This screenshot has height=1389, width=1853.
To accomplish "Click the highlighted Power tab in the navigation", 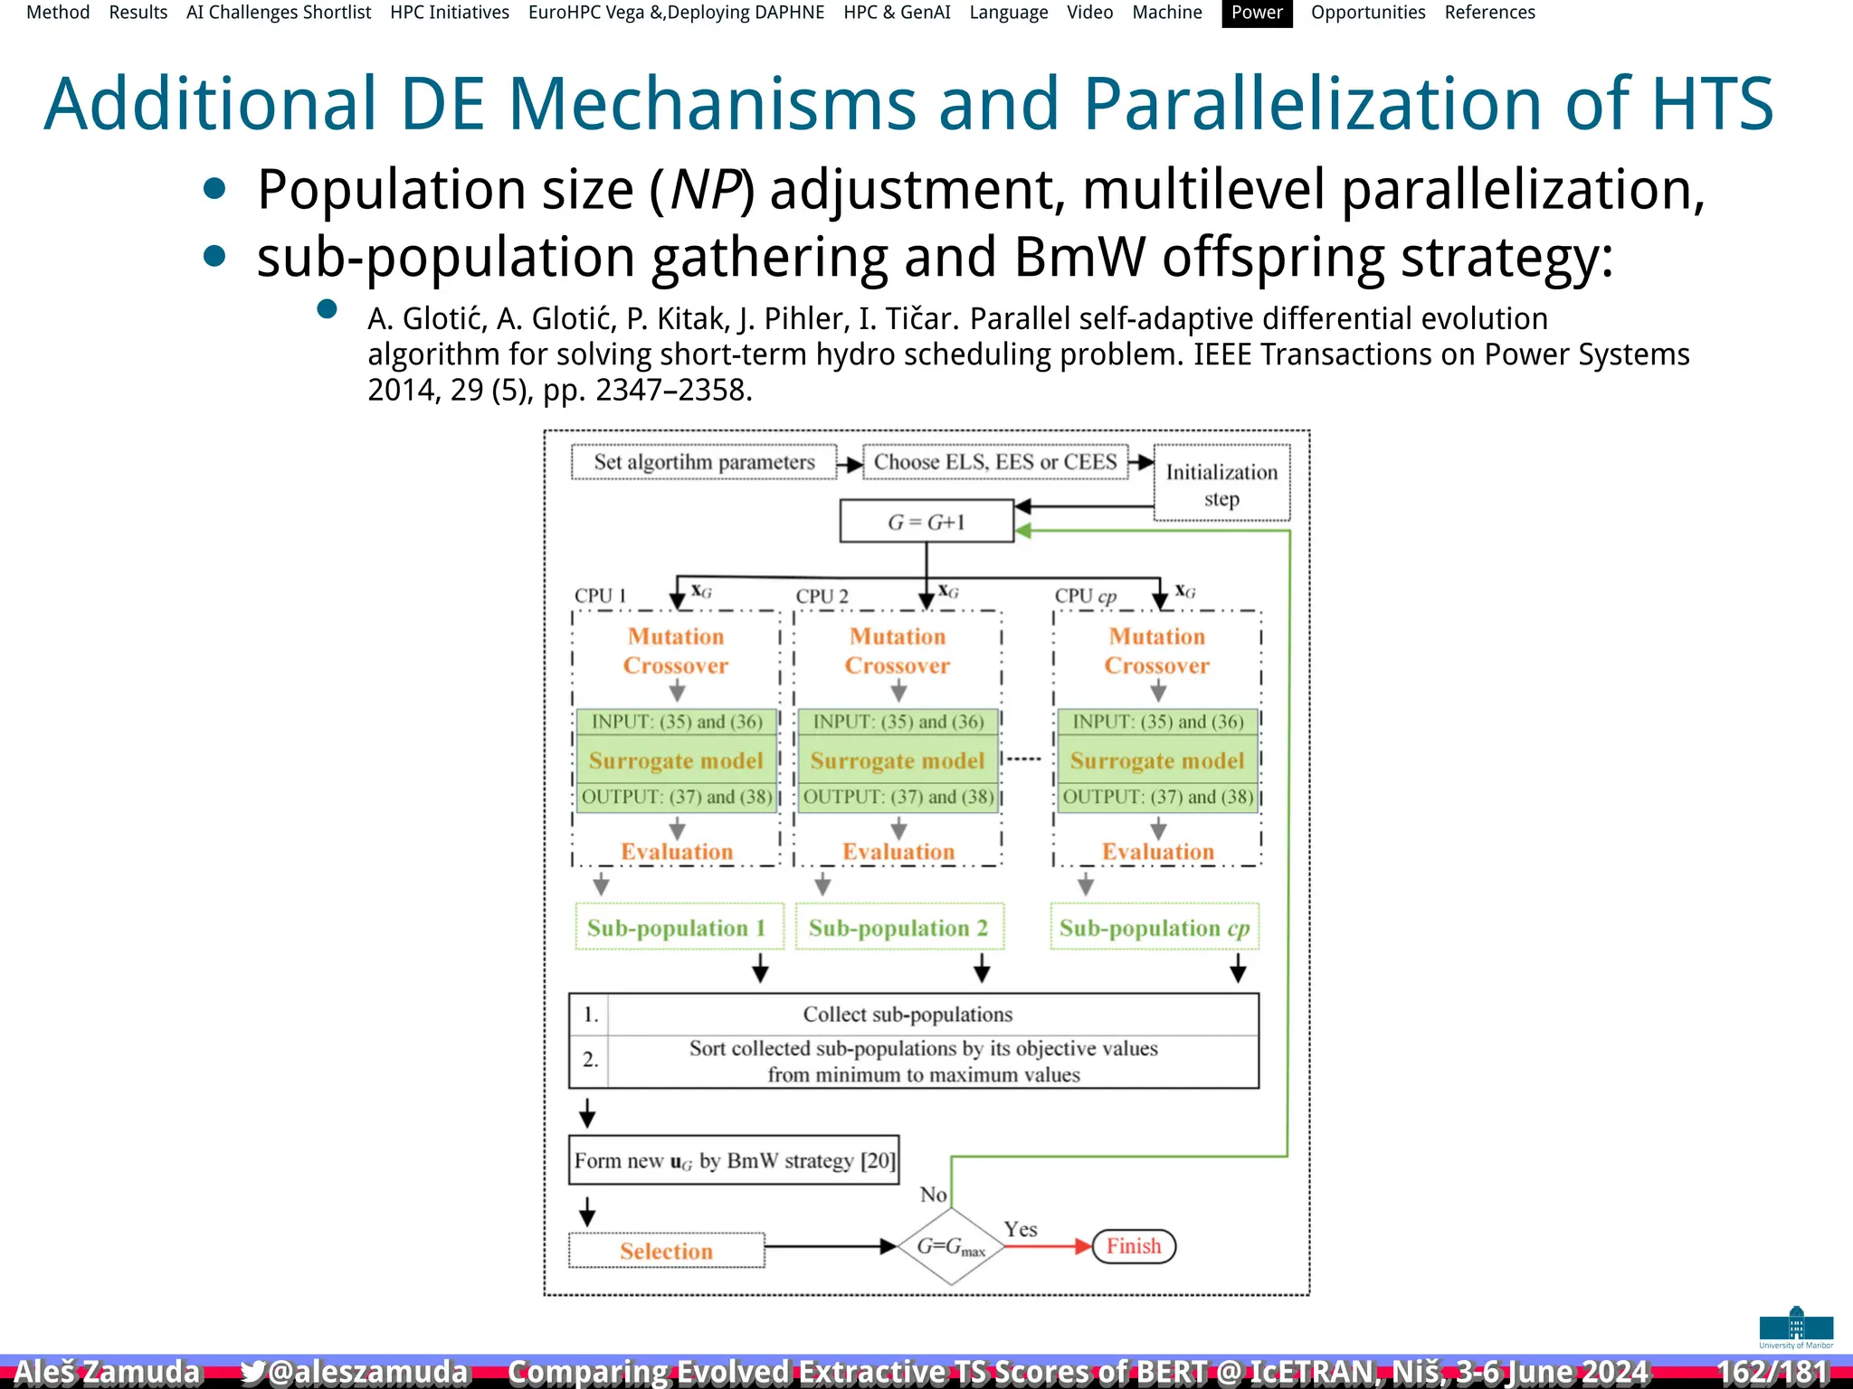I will pos(1257,13).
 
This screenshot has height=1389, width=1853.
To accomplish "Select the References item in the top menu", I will pos(1489,13).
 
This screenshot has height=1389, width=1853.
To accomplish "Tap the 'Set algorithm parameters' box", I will pos(704,462).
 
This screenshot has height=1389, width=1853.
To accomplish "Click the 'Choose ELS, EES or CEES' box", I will pos(995,462).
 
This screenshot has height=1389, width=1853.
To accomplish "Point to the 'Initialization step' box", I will pos(1221,484).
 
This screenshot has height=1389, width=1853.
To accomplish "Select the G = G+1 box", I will pos(926,522).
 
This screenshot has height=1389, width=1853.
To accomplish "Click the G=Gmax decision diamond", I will pos(951,1246).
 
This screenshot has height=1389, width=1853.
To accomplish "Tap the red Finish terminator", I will pos(1134,1246).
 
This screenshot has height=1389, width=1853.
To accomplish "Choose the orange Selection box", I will pos(667,1251).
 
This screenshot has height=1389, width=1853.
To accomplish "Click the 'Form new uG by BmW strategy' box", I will pos(734,1160).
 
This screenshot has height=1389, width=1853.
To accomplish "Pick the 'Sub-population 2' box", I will pos(898,928).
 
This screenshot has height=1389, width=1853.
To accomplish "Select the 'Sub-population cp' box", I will pos(1155,928).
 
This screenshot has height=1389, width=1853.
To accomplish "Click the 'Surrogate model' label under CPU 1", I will pos(676,761).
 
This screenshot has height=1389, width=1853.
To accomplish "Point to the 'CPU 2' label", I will pos(822,596).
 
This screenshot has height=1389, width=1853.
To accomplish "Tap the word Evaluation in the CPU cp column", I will pos(1157,852).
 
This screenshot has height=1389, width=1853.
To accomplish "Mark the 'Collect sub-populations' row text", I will pos(907,1015).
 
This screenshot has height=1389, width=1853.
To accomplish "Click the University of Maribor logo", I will pos(1796,1327).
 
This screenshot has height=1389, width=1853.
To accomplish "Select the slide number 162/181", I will pos(1772,1372).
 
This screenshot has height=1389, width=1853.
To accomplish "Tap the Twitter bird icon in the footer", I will pos(253,1372).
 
